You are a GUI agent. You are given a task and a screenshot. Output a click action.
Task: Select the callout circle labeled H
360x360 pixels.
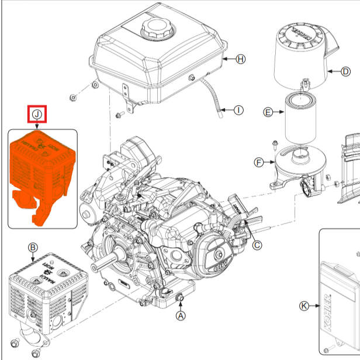click(241, 59)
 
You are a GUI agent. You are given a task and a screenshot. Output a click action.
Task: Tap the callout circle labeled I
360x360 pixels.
click(238, 110)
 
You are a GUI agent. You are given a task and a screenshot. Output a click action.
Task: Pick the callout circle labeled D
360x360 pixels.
click(345, 72)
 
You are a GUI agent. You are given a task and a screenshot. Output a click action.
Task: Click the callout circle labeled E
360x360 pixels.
click(268, 112)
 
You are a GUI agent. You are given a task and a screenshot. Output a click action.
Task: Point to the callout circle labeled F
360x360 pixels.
click(258, 162)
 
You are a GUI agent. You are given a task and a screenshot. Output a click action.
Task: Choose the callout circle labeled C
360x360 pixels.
click(257, 245)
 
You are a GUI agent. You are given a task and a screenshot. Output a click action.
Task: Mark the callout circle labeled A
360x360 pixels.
click(181, 316)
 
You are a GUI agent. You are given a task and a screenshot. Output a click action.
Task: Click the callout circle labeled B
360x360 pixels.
click(33, 247)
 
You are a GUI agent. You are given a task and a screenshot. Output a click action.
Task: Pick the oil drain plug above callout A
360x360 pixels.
click(180, 299)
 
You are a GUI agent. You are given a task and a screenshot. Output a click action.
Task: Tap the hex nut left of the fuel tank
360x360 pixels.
click(72, 95)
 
